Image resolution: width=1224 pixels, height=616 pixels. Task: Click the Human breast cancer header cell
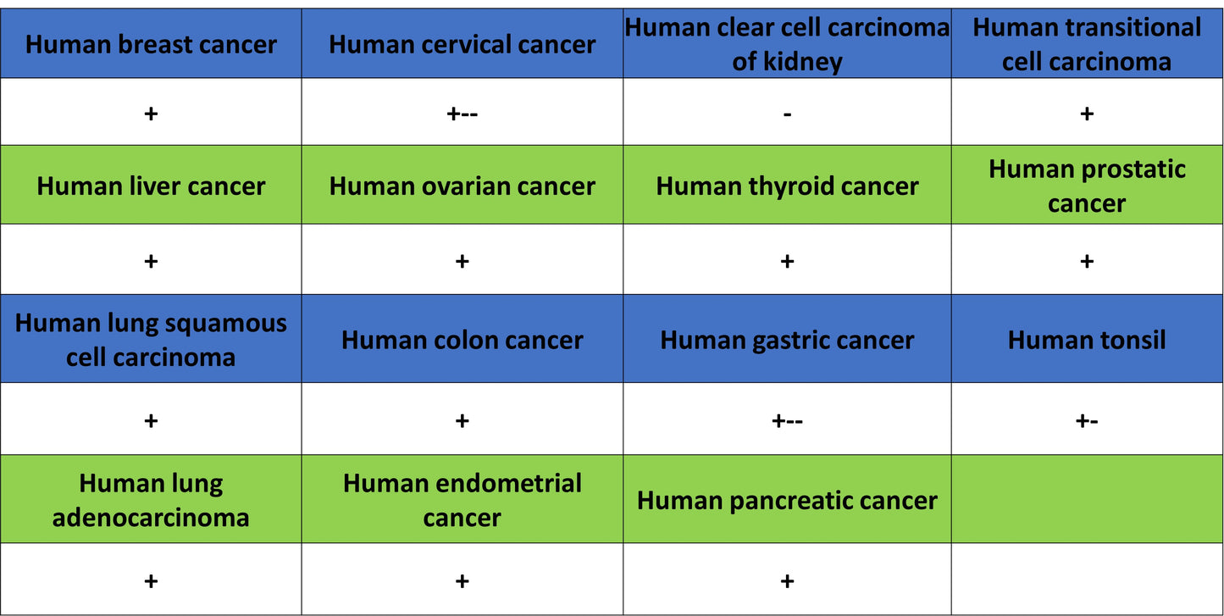tap(151, 44)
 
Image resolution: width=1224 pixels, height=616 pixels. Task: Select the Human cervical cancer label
tap(462, 44)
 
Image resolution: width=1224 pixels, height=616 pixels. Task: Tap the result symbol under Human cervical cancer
tap(462, 114)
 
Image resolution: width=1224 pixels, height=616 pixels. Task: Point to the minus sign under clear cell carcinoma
tap(787, 114)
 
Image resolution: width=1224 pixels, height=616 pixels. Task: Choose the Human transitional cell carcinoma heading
tap(1086, 44)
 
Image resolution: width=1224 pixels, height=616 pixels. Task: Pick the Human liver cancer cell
tap(151, 185)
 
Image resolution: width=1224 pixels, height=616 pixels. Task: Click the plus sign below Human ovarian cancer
tap(462, 261)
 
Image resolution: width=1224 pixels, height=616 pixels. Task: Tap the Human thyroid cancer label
tap(787, 186)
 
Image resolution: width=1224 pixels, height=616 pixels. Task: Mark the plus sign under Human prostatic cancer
tap(1087, 261)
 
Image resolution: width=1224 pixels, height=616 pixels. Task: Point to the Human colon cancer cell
tap(462, 339)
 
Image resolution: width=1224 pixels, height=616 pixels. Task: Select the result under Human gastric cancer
tap(787, 421)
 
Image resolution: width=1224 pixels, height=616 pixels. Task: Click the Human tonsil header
tap(1087, 339)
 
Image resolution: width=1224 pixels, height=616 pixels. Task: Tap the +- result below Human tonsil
tap(1087, 421)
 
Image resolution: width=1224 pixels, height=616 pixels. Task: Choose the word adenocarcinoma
tap(151, 517)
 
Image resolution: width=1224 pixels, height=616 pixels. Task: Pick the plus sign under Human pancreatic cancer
tap(787, 581)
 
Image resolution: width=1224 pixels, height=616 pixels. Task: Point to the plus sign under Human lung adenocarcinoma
tap(151, 581)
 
